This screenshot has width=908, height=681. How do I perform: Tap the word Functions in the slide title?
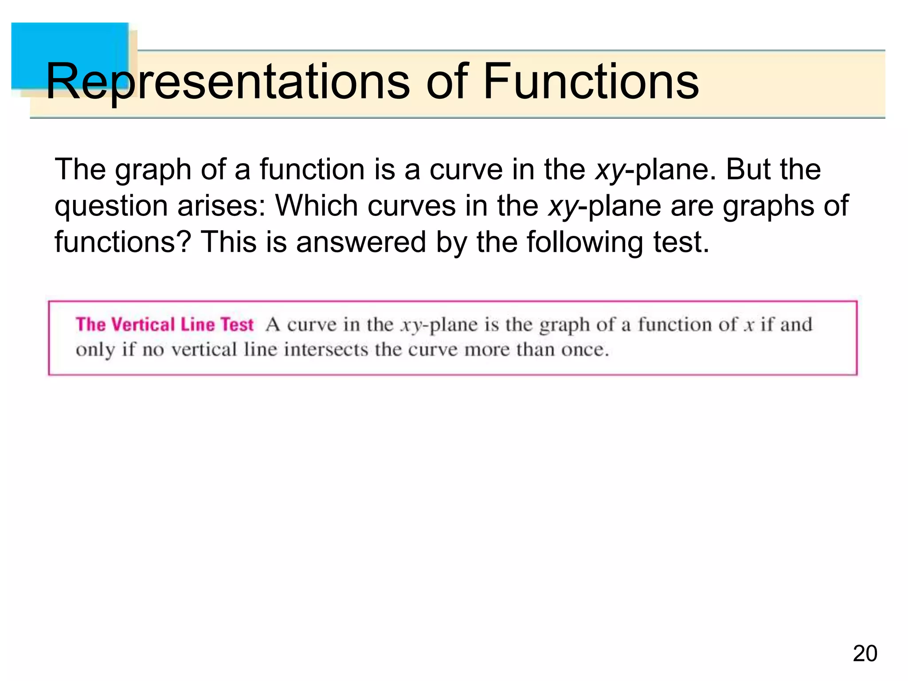coord(591,82)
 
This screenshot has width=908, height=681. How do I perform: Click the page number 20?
coord(865,654)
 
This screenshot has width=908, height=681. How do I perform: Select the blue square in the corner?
coord(70,55)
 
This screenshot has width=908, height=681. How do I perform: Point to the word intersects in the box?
coord(326,350)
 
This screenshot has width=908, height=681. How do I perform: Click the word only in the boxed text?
coord(95,350)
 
